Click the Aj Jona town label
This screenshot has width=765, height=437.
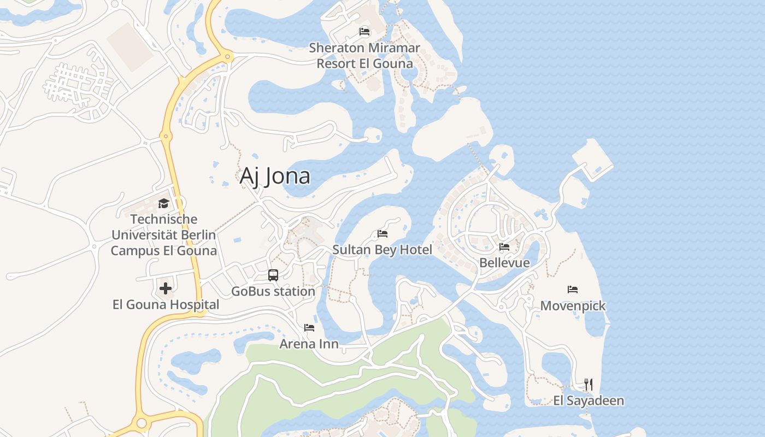click(275, 176)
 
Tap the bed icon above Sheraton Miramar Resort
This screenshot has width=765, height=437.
click(364, 32)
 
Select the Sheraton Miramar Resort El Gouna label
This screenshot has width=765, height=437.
click(364, 55)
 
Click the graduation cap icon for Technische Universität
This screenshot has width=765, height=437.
click(163, 204)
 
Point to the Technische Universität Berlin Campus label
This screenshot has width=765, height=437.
click(164, 235)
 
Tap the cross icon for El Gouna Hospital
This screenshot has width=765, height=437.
click(166, 288)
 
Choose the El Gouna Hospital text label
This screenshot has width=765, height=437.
click(166, 304)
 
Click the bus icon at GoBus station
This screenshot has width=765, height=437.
click(273, 275)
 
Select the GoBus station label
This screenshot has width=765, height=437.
click(273, 291)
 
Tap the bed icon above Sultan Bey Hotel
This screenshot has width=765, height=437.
click(382, 234)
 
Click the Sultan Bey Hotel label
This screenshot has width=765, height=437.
click(382, 250)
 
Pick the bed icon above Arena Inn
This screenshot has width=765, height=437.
click(309, 328)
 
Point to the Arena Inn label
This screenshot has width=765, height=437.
click(309, 344)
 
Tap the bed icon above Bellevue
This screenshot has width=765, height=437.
click(504, 247)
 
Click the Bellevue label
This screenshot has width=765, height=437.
click(504, 263)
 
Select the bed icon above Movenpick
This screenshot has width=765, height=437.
click(573, 290)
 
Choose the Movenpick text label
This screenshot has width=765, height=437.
click(573, 305)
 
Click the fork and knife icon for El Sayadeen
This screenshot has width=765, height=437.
click(589, 385)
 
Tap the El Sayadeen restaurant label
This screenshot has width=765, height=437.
click(589, 400)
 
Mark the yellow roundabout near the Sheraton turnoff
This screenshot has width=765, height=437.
click(227, 56)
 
